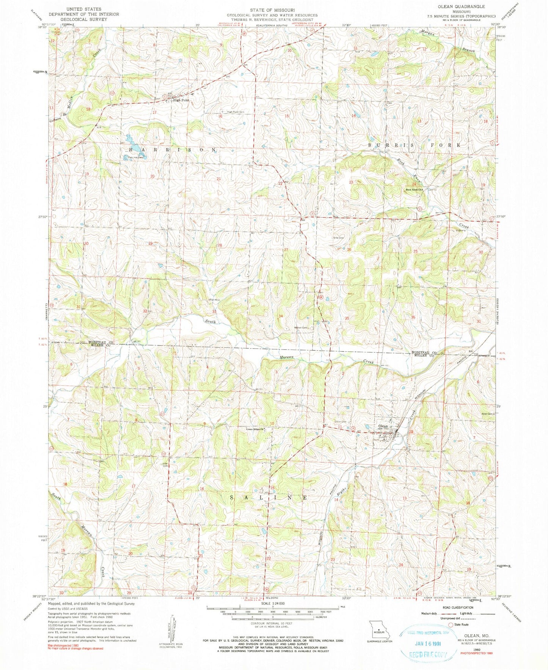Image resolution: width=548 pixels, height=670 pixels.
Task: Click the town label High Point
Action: [181, 100]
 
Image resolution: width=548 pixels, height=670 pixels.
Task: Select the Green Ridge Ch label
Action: [255, 430]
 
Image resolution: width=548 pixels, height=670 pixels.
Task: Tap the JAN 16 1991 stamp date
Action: [424, 643]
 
